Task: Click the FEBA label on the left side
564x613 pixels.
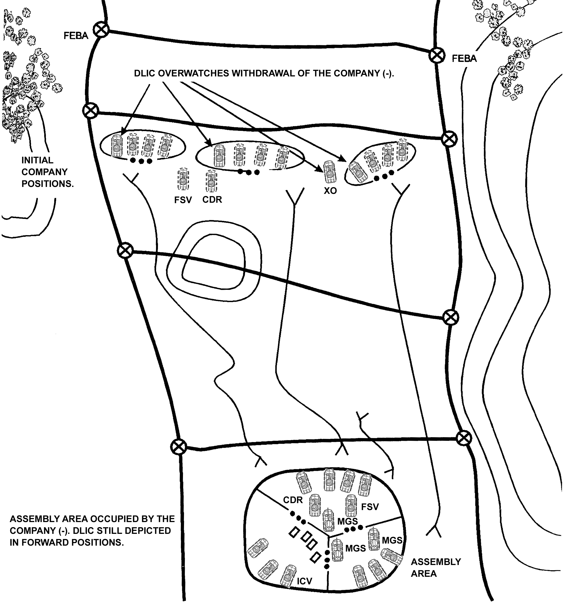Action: pyautogui.click(x=76, y=36)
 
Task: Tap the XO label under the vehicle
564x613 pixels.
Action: pyautogui.click(x=330, y=191)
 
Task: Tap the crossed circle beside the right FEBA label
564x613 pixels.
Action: pyautogui.click(x=437, y=55)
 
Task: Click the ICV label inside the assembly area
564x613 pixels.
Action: pyautogui.click(x=304, y=581)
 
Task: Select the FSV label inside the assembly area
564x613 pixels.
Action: pyautogui.click(x=370, y=507)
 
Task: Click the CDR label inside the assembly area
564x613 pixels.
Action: pyautogui.click(x=293, y=500)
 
